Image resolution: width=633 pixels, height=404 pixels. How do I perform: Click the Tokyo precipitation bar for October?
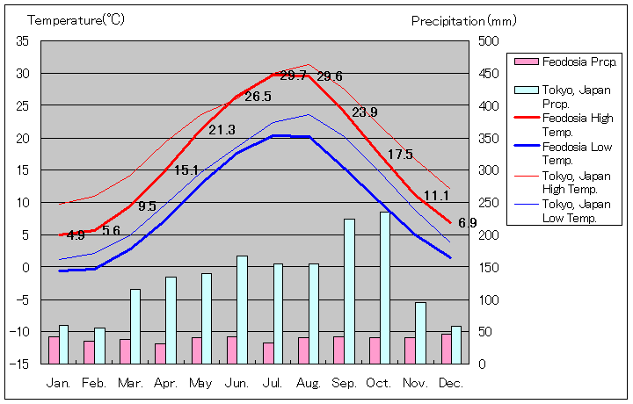pos(385,287)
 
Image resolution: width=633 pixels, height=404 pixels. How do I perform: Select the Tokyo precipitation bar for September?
pos(349,291)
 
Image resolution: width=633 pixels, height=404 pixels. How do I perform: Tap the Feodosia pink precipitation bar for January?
pos(54,350)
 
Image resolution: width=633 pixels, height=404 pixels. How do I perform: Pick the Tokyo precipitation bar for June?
pos(242,309)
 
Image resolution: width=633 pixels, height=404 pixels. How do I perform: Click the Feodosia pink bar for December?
pos(446,348)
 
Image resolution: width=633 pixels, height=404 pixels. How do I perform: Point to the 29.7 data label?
pos(294,76)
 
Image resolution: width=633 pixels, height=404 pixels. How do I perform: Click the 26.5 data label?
pos(258,97)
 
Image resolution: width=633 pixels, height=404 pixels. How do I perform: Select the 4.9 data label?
pos(75,235)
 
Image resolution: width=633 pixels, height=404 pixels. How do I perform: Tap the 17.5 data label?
pos(400,155)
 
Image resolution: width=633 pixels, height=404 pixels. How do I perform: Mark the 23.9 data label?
pos(364,112)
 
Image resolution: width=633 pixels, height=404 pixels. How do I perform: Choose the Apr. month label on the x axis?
pos(166,383)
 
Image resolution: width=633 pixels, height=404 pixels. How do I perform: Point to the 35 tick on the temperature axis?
pos(23,41)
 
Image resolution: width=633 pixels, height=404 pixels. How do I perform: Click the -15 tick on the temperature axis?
pos(21,364)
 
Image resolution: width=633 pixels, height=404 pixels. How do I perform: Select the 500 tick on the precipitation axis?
pos(489,41)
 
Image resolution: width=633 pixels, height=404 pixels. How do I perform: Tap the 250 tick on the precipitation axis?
pos(489,203)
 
